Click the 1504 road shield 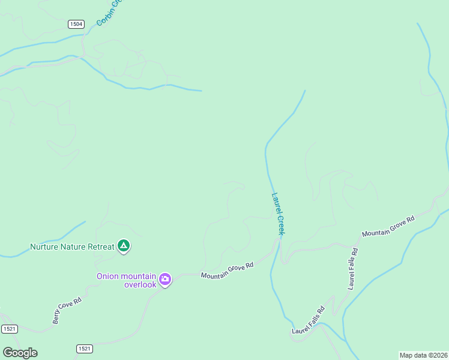(x=76, y=24)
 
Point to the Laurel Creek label (x=279, y=212)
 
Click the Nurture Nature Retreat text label (x=72, y=247)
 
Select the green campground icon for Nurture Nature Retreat (x=124, y=245)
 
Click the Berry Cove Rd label (x=67, y=310)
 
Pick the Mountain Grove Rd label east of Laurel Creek (x=388, y=226)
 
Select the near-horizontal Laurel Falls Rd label (x=309, y=320)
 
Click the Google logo (x=20, y=353)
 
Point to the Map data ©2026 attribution (x=423, y=355)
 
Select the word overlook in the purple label (x=140, y=284)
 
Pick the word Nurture (x=44, y=247)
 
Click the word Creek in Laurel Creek (x=281, y=224)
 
